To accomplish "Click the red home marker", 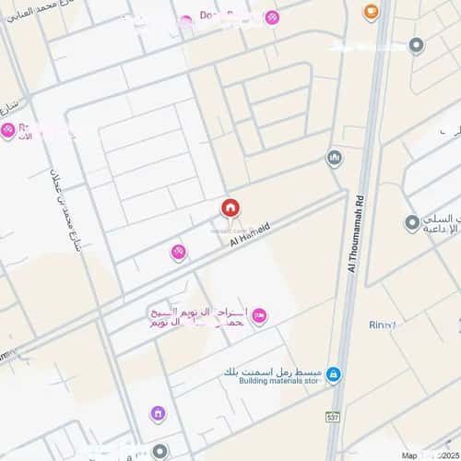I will pyautogui.click(x=229, y=209).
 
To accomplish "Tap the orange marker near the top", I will pyautogui.click(x=371, y=12).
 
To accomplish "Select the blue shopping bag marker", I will pyautogui.click(x=333, y=373).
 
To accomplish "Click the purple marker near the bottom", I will pyautogui.click(x=158, y=414).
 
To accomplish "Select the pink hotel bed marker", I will pyautogui.click(x=259, y=316).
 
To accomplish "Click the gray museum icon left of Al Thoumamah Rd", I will pyautogui.click(x=334, y=158).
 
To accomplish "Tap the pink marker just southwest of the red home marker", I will pyautogui.click(x=178, y=251).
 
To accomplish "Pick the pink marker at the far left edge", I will pyautogui.click(x=8, y=131).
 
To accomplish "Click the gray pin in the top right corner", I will pyautogui.click(x=417, y=44).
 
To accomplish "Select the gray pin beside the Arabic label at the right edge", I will pyautogui.click(x=412, y=222).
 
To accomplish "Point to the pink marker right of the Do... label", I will pyautogui.click(x=272, y=18).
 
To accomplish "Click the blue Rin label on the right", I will pyautogui.click(x=383, y=325).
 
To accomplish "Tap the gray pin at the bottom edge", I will pyautogui.click(x=161, y=451).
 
